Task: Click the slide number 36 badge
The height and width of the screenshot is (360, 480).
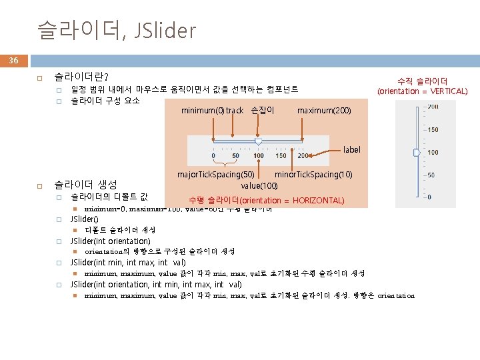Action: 13,61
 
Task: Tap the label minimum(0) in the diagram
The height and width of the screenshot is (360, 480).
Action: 203,110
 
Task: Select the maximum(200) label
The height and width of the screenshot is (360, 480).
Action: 323,110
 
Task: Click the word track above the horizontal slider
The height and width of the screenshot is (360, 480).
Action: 235,110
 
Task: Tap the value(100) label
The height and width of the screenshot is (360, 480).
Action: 259,185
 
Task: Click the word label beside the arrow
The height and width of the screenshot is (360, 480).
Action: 351,150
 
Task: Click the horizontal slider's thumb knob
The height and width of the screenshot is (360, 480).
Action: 258,141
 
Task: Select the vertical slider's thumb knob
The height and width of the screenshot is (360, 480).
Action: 417,153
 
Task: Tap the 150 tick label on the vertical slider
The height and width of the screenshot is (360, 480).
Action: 433,130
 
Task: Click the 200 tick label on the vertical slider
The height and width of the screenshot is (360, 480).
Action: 433,107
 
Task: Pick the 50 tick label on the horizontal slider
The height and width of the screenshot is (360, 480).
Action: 235,156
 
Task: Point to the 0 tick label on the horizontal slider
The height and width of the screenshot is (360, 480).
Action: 213,156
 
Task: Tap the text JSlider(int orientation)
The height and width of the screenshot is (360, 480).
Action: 111,241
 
